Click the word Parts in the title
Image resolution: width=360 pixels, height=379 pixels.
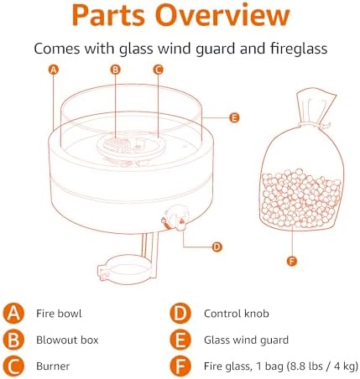click(108, 15)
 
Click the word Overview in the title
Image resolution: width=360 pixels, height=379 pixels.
click(222, 15)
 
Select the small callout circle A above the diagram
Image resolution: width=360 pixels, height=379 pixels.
click(54, 70)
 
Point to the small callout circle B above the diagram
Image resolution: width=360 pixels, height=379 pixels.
click(115, 70)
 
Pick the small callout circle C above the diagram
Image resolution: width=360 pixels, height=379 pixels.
click(158, 70)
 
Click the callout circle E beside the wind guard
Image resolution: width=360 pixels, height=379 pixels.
click(234, 117)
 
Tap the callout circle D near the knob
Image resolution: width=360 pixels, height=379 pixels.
click(217, 247)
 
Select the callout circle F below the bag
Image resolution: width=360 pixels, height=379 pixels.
click(292, 262)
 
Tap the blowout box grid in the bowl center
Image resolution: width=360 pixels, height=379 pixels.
click(116, 143)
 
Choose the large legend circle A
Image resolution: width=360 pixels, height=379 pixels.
click(13, 314)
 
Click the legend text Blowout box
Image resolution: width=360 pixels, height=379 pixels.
click(67, 340)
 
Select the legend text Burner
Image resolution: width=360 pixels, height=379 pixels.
click(53, 366)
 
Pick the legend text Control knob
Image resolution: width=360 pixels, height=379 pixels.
click(237, 314)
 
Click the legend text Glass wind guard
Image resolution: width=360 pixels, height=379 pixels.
click(246, 340)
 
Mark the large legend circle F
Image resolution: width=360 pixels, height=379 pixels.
click(180, 366)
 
